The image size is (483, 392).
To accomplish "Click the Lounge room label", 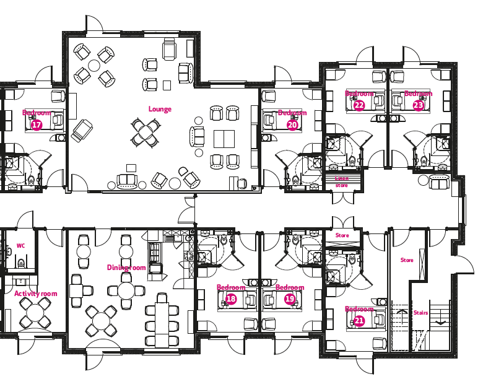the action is [x=160, y=109].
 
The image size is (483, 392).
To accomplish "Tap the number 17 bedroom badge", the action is [x=37, y=125].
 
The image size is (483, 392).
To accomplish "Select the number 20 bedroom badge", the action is [x=292, y=125].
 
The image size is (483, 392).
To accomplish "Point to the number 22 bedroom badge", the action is [x=359, y=105].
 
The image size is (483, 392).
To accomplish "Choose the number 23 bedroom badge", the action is [x=418, y=105].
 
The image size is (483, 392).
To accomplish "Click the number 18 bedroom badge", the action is [x=231, y=299].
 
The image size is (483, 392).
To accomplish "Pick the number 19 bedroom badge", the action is [x=290, y=299].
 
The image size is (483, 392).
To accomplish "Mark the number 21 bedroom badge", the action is [x=359, y=321].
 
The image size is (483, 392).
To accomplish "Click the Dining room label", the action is [x=126, y=268].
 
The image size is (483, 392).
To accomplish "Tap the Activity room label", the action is [x=36, y=294].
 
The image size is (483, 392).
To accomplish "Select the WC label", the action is [x=20, y=246].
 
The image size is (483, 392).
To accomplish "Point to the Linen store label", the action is [x=342, y=182].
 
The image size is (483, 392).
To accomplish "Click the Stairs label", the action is [x=421, y=313].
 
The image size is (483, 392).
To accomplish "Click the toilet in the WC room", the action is [x=21, y=263].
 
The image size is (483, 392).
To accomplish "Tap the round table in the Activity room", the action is [x=35, y=313].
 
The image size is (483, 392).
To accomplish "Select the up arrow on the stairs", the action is [x=401, y=312].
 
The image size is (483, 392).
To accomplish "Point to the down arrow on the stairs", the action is [x=441, y=322].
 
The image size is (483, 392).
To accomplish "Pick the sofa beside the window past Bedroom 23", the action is [x=439, y=182].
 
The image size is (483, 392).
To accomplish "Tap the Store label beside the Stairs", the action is [x=407, y=260].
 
